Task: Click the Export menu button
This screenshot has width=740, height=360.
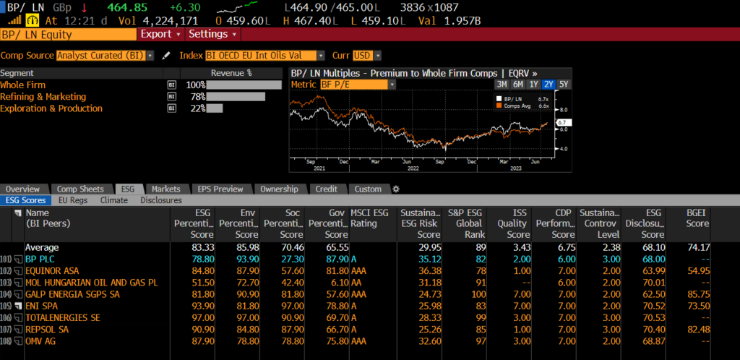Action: click(x=160, y=34)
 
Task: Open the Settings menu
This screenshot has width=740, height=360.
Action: click(x=212, y=34)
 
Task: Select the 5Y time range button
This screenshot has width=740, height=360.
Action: click(x=564, y=84)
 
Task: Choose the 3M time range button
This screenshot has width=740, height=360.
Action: click(x=502, y=84)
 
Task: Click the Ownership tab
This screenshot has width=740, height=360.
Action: click(x=278, y=189)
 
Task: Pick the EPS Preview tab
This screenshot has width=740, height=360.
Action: click(x=220, y=189)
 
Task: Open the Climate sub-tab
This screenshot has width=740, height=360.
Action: click(x=114, y=200)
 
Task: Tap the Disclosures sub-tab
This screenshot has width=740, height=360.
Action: click(x=161, y=200)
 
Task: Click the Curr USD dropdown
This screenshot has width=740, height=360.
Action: click(x=367, y=56)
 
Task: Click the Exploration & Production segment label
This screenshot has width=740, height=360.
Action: click(x=51, y=108)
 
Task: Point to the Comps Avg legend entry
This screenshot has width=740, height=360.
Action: click(x=519, y=106)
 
